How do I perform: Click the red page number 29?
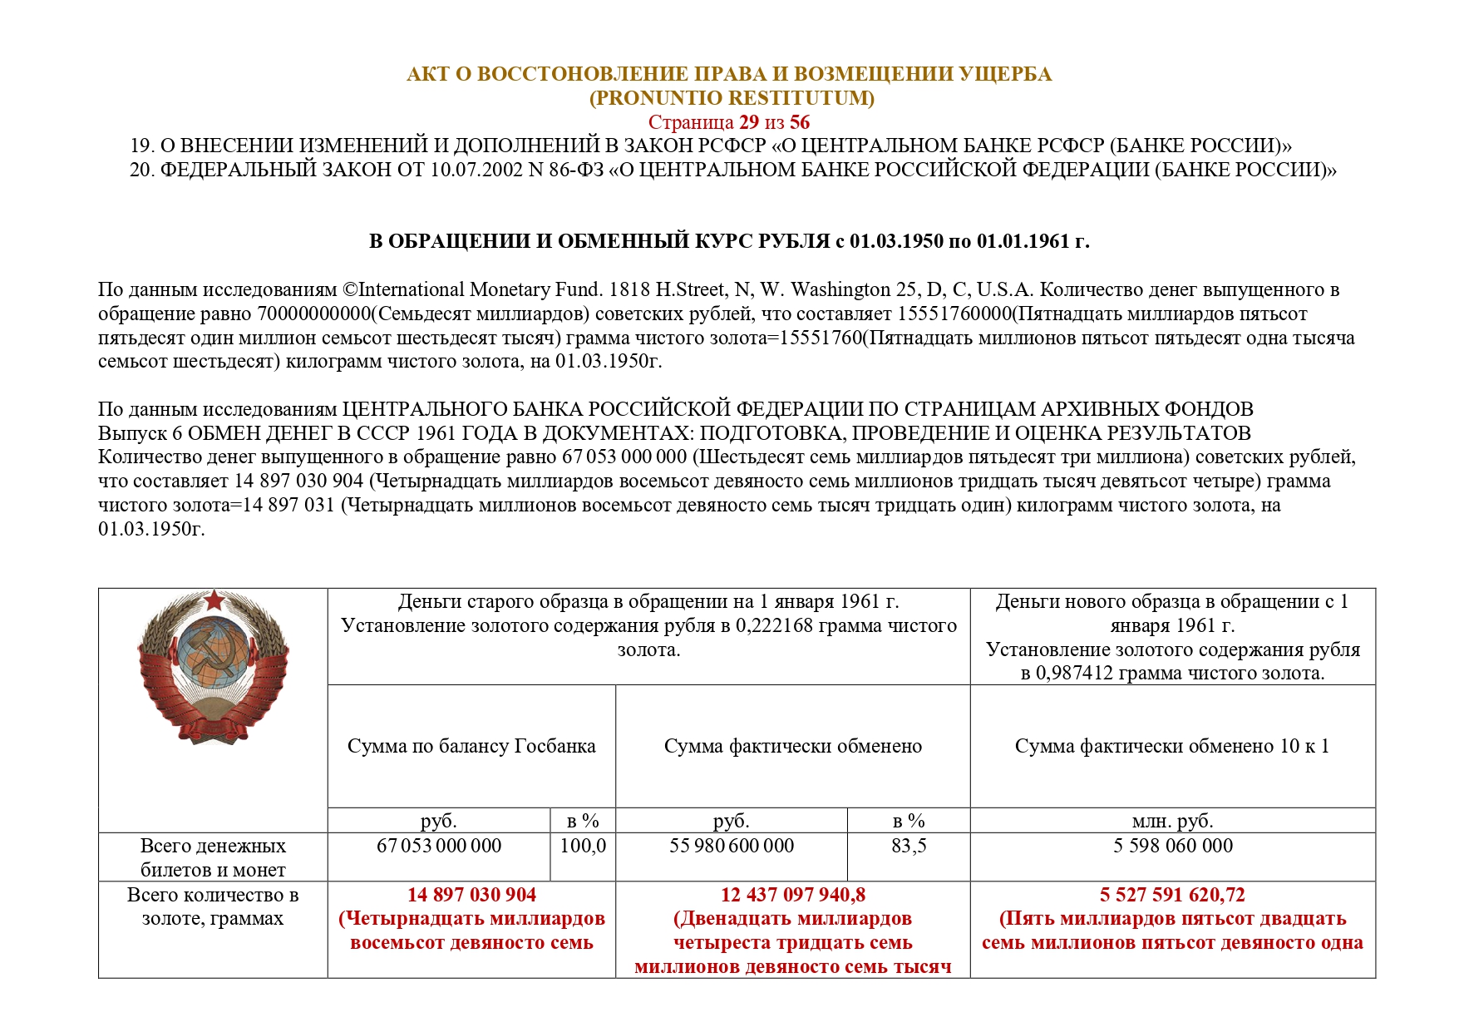748,122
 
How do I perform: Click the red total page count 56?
799,122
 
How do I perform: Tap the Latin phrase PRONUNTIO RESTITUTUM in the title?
732,98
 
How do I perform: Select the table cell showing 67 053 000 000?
439,846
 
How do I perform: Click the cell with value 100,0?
583,846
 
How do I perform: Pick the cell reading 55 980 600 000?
732,846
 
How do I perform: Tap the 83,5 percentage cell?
909,846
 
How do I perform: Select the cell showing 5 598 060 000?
1173,846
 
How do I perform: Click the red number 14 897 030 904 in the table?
471,895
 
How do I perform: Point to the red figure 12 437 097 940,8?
792,895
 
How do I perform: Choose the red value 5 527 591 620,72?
1172,895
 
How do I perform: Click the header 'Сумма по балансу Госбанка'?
471,746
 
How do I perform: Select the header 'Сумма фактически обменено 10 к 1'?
1172,746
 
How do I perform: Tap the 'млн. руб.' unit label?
1172,821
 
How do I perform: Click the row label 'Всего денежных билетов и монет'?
213,857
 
